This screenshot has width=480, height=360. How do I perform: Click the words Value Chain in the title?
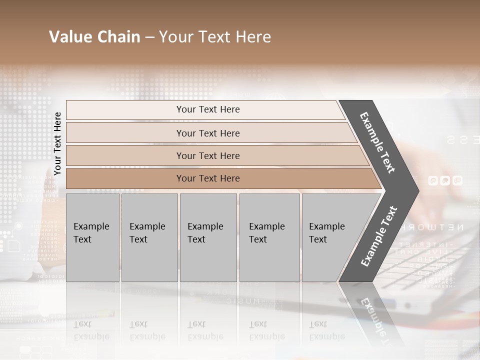pyautogui.click(x=94, y=37)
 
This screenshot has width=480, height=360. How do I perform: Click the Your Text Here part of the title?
pyautogui.click(x=215, y=37)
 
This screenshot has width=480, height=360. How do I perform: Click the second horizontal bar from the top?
pyautogui.click(x=208, y=133)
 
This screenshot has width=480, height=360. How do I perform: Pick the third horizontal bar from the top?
pyautogui.click(x=208, y=155)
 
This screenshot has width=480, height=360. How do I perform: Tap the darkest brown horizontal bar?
pyautogui.click(x=208, y=178)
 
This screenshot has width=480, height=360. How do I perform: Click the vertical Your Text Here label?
pyautogui.click(x=57, y=143)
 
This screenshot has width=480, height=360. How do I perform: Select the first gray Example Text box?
pyautogui.click(x=92, y=237)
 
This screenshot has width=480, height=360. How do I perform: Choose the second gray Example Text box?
pyautogui.click(x=149, y=237)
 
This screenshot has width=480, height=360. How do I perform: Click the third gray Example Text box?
pyautogui.click(x=208, y=237)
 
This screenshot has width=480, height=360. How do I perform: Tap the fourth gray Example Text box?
pyautogui.click(x=269, y=237)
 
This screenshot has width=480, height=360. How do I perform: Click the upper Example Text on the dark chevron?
pyautogui.click(x=377, y=142)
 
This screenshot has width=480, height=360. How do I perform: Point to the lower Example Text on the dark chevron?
pyautogui.click(x=379, y=236)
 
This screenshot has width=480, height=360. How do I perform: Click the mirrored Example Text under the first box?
pyautogui.click(x=91, y=331)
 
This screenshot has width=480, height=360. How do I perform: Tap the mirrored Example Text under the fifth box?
pyautogui.click(x=326, y=331)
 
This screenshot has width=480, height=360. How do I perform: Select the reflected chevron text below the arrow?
pyautogui.click(x=377, y=320)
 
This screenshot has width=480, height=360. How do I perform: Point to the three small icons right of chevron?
pyautogui.click(x=445, y=181)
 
